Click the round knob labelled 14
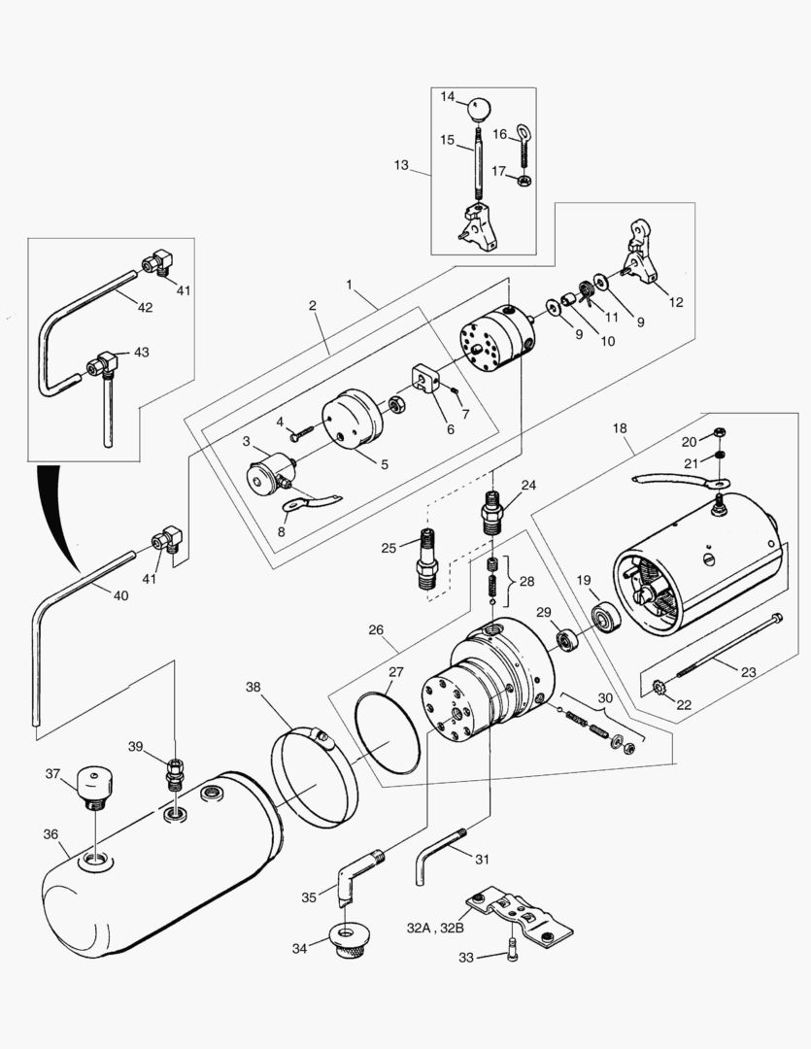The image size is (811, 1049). click(479, 106)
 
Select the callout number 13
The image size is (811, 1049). click(402, 165)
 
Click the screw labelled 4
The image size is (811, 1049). click(300, 428)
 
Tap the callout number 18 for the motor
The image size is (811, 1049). click(621, 427)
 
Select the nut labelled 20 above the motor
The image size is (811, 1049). click(719, 433)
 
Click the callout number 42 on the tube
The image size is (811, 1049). click(145, 308)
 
